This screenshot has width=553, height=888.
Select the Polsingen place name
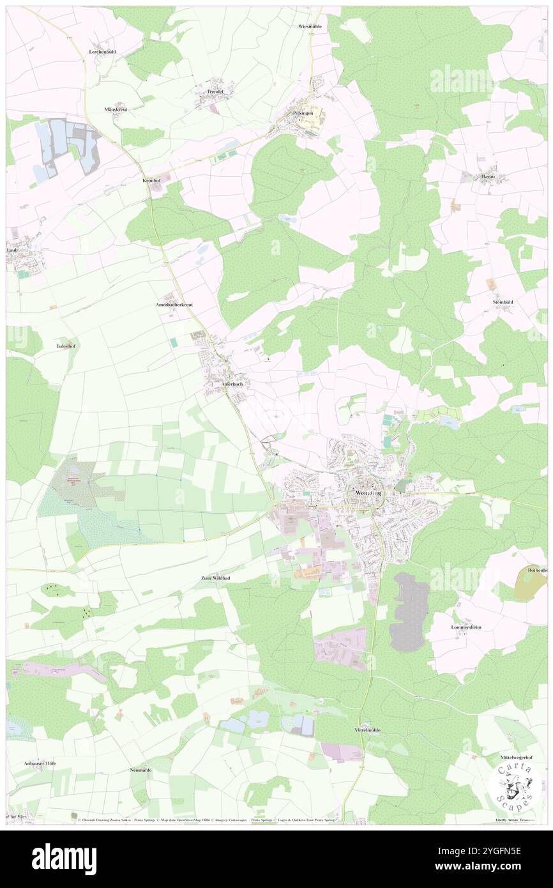click(303, 113)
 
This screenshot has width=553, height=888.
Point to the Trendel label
click(215, 92)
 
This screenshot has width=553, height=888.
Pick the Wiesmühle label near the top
click(310, 26)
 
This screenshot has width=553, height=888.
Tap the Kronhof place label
click(151, 181)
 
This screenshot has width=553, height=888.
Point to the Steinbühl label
click(503, 302)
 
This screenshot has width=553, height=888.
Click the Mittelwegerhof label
click(517, 757)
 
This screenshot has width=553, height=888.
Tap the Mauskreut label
click(116, 109)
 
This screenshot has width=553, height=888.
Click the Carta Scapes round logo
click(513, 786)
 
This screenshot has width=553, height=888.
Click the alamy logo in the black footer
click(64, 859)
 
